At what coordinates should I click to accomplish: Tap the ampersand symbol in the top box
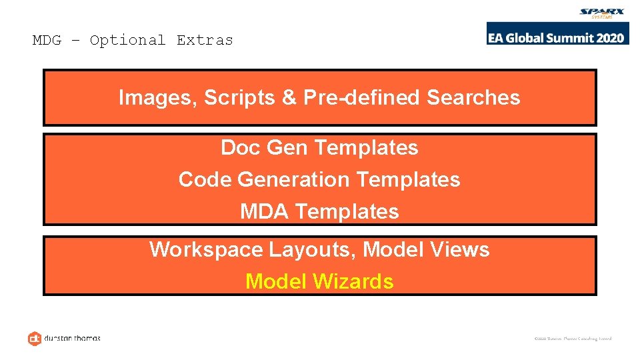tap(289, 98)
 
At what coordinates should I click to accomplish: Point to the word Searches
tap(473, 98)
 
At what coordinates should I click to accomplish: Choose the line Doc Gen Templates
tap(319, 147)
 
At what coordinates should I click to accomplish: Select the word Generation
tap(293, 180)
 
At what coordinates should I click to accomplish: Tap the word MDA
tap(265, 212)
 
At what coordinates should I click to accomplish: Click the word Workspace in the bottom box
tap(206, 250)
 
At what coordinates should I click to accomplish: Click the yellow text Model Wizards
tap(319, 282)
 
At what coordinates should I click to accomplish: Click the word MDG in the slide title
tap(47, 40)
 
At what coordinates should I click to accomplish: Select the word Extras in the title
tap(205, 40)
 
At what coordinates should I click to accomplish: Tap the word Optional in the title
tap(127, 40)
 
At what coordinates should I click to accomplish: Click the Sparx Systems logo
tap(602, 13)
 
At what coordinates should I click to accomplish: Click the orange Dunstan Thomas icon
tap(35, 338)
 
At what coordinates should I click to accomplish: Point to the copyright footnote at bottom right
tap(573, 339)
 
